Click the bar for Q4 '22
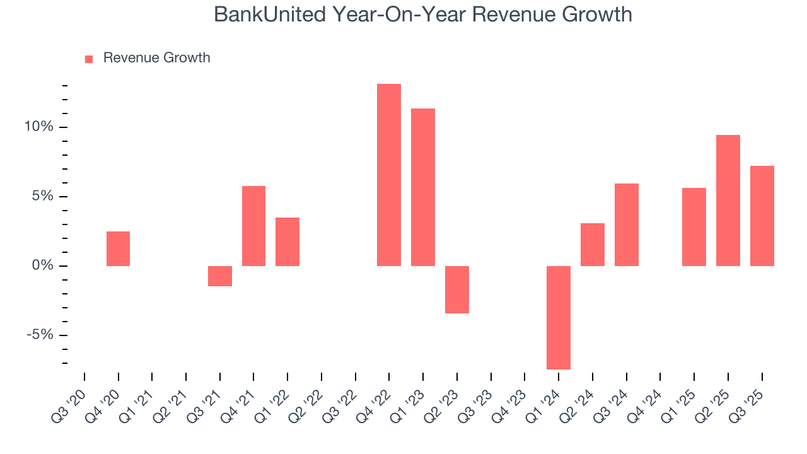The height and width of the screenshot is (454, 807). (x=389, y=175)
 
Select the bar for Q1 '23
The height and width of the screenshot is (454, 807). (x=423, y=187)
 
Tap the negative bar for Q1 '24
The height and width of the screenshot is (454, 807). (x=559, y=317)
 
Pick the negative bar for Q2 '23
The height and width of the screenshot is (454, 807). (x=457, y=289)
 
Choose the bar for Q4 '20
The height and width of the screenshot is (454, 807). (x=118, y=248)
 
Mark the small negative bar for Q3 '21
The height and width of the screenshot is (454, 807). (x=220, y=276)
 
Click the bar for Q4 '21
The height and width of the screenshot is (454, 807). (x=253, y=226)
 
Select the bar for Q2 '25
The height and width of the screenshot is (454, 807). (x=728, y=201)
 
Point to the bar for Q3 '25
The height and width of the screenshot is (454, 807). (x=762, y=216)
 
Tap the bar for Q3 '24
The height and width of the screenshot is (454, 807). (x=627, y=224)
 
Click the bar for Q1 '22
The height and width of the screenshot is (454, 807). (x=287, y=242)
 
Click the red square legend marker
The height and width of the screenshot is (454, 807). (x=89, y=59)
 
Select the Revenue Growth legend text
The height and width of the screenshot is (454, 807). (x=156, y=58)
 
